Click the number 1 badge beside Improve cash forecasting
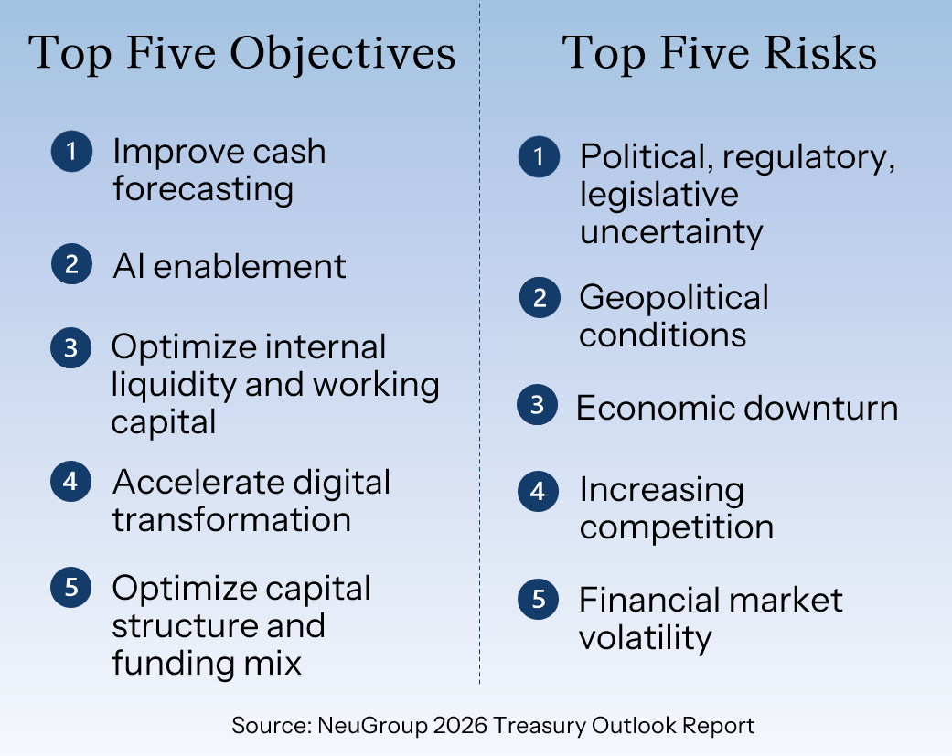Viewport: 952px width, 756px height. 71,151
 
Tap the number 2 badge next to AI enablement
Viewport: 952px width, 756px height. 71,264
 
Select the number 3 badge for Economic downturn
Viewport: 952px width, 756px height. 538,405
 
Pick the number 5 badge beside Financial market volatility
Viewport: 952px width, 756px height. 538,600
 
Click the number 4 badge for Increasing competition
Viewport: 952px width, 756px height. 538,492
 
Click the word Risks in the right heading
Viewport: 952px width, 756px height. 820,52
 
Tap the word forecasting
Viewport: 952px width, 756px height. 203,189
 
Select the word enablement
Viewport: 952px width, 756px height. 250,266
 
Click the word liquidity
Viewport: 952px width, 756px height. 174,386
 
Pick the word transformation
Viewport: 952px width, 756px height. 231,520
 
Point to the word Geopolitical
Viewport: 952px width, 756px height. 674,299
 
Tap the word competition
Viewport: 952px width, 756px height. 677,527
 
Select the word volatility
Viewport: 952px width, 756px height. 646,639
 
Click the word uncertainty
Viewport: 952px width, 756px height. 671,233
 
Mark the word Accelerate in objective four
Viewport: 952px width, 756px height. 198,483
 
